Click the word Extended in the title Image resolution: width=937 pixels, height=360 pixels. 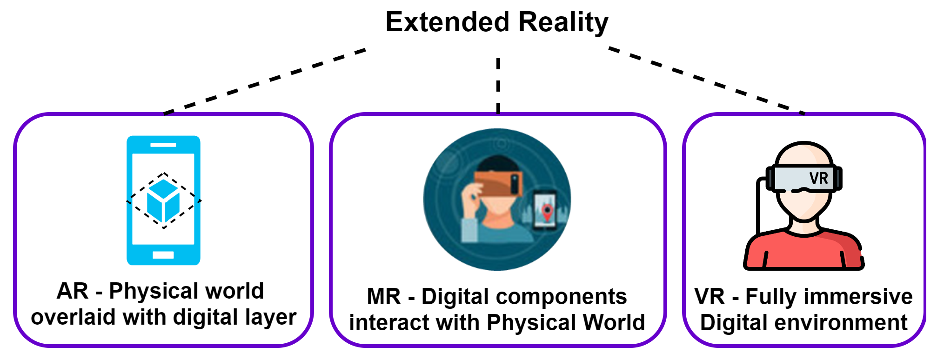tap(448, 22)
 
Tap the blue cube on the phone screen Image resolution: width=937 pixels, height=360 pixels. tap(163, 201)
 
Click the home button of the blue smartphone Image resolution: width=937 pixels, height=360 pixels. tap(163, 255)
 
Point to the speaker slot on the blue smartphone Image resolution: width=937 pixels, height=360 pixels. tap(163, 145)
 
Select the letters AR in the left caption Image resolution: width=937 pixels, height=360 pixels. tap(72, 291)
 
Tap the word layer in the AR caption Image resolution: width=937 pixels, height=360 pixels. tap(272, 317)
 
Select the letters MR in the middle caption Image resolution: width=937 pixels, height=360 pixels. tap(383, 297)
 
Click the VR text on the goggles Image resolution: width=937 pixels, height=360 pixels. tap(818, 178)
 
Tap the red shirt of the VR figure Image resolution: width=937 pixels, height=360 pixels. tap(803, 251)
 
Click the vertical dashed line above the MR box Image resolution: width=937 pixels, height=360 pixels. tap(498, 86)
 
